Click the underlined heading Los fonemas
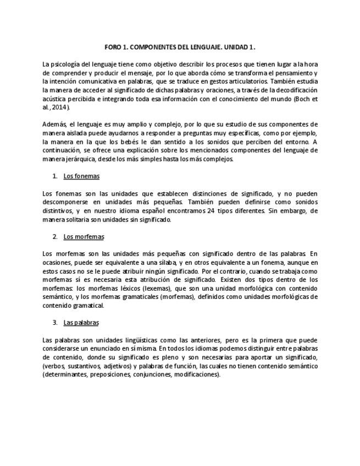(x=81, y=176)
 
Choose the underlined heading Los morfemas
(x=84, y=236)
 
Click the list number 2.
(x=55, y=236)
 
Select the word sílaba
(x=159, y=262)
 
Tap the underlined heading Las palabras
(x=81, y=323)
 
